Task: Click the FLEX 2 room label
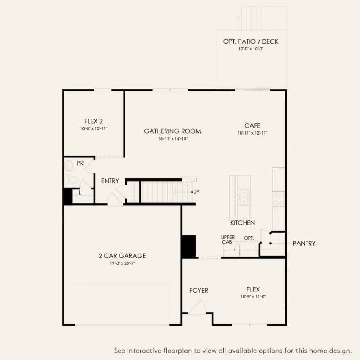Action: pos(94,121)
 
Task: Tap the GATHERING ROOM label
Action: pos(172,131)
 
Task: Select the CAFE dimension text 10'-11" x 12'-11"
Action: pos(252,133)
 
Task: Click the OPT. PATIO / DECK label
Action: pos(250,41)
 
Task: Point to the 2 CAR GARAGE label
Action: pos(122,256)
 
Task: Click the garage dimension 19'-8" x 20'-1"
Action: pos(122,263)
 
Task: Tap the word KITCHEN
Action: pos(242,223)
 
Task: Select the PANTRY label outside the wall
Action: pos(304,244)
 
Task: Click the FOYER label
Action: pos(198,291)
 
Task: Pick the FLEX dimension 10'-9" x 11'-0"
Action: pos(253,297)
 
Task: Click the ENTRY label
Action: pos(110,181)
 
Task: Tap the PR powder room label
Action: pos(80,163)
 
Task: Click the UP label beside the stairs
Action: pos(197,191)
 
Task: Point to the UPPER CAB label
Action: pos(228,240)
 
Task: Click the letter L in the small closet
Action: pos(80,193)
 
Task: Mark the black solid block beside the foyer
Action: pos(189,246)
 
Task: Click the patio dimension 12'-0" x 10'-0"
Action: pos(250,49)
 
